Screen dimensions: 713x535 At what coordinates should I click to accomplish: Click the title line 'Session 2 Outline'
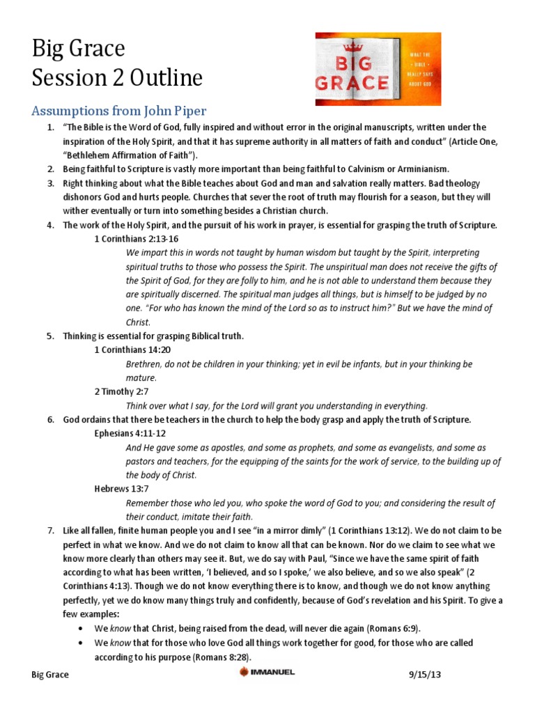[117, 78]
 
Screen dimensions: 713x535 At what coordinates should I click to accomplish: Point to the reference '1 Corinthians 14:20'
[132, 350]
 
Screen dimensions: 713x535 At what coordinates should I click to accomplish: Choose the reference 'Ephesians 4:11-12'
[131, 433]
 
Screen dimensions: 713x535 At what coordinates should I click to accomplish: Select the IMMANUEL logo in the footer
[267, 673]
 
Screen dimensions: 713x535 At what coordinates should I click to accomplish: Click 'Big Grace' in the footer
[51, 675]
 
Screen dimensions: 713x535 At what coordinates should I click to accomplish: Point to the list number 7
[50, 531]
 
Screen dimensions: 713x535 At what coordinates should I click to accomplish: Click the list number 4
[50, 225]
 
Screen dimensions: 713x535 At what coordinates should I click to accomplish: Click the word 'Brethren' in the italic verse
[145, 364]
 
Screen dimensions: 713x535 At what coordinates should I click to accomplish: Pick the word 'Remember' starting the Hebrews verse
[148, 503]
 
